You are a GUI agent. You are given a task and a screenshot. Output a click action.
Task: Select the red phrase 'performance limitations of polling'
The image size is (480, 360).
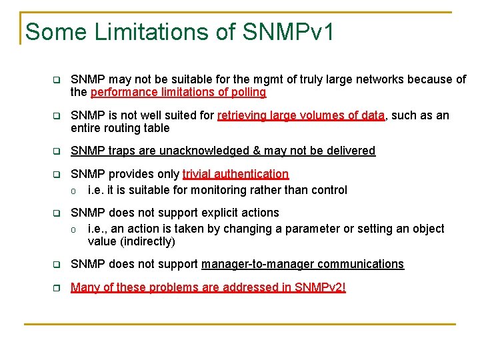178,92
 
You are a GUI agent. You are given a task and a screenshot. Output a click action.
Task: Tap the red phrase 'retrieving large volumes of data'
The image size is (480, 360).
301,115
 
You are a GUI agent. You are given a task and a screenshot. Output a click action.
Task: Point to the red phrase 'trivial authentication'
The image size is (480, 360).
235,174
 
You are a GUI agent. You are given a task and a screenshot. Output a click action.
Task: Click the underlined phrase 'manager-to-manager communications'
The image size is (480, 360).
302,264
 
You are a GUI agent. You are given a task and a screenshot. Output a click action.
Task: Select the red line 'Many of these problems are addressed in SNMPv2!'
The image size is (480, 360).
208,287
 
